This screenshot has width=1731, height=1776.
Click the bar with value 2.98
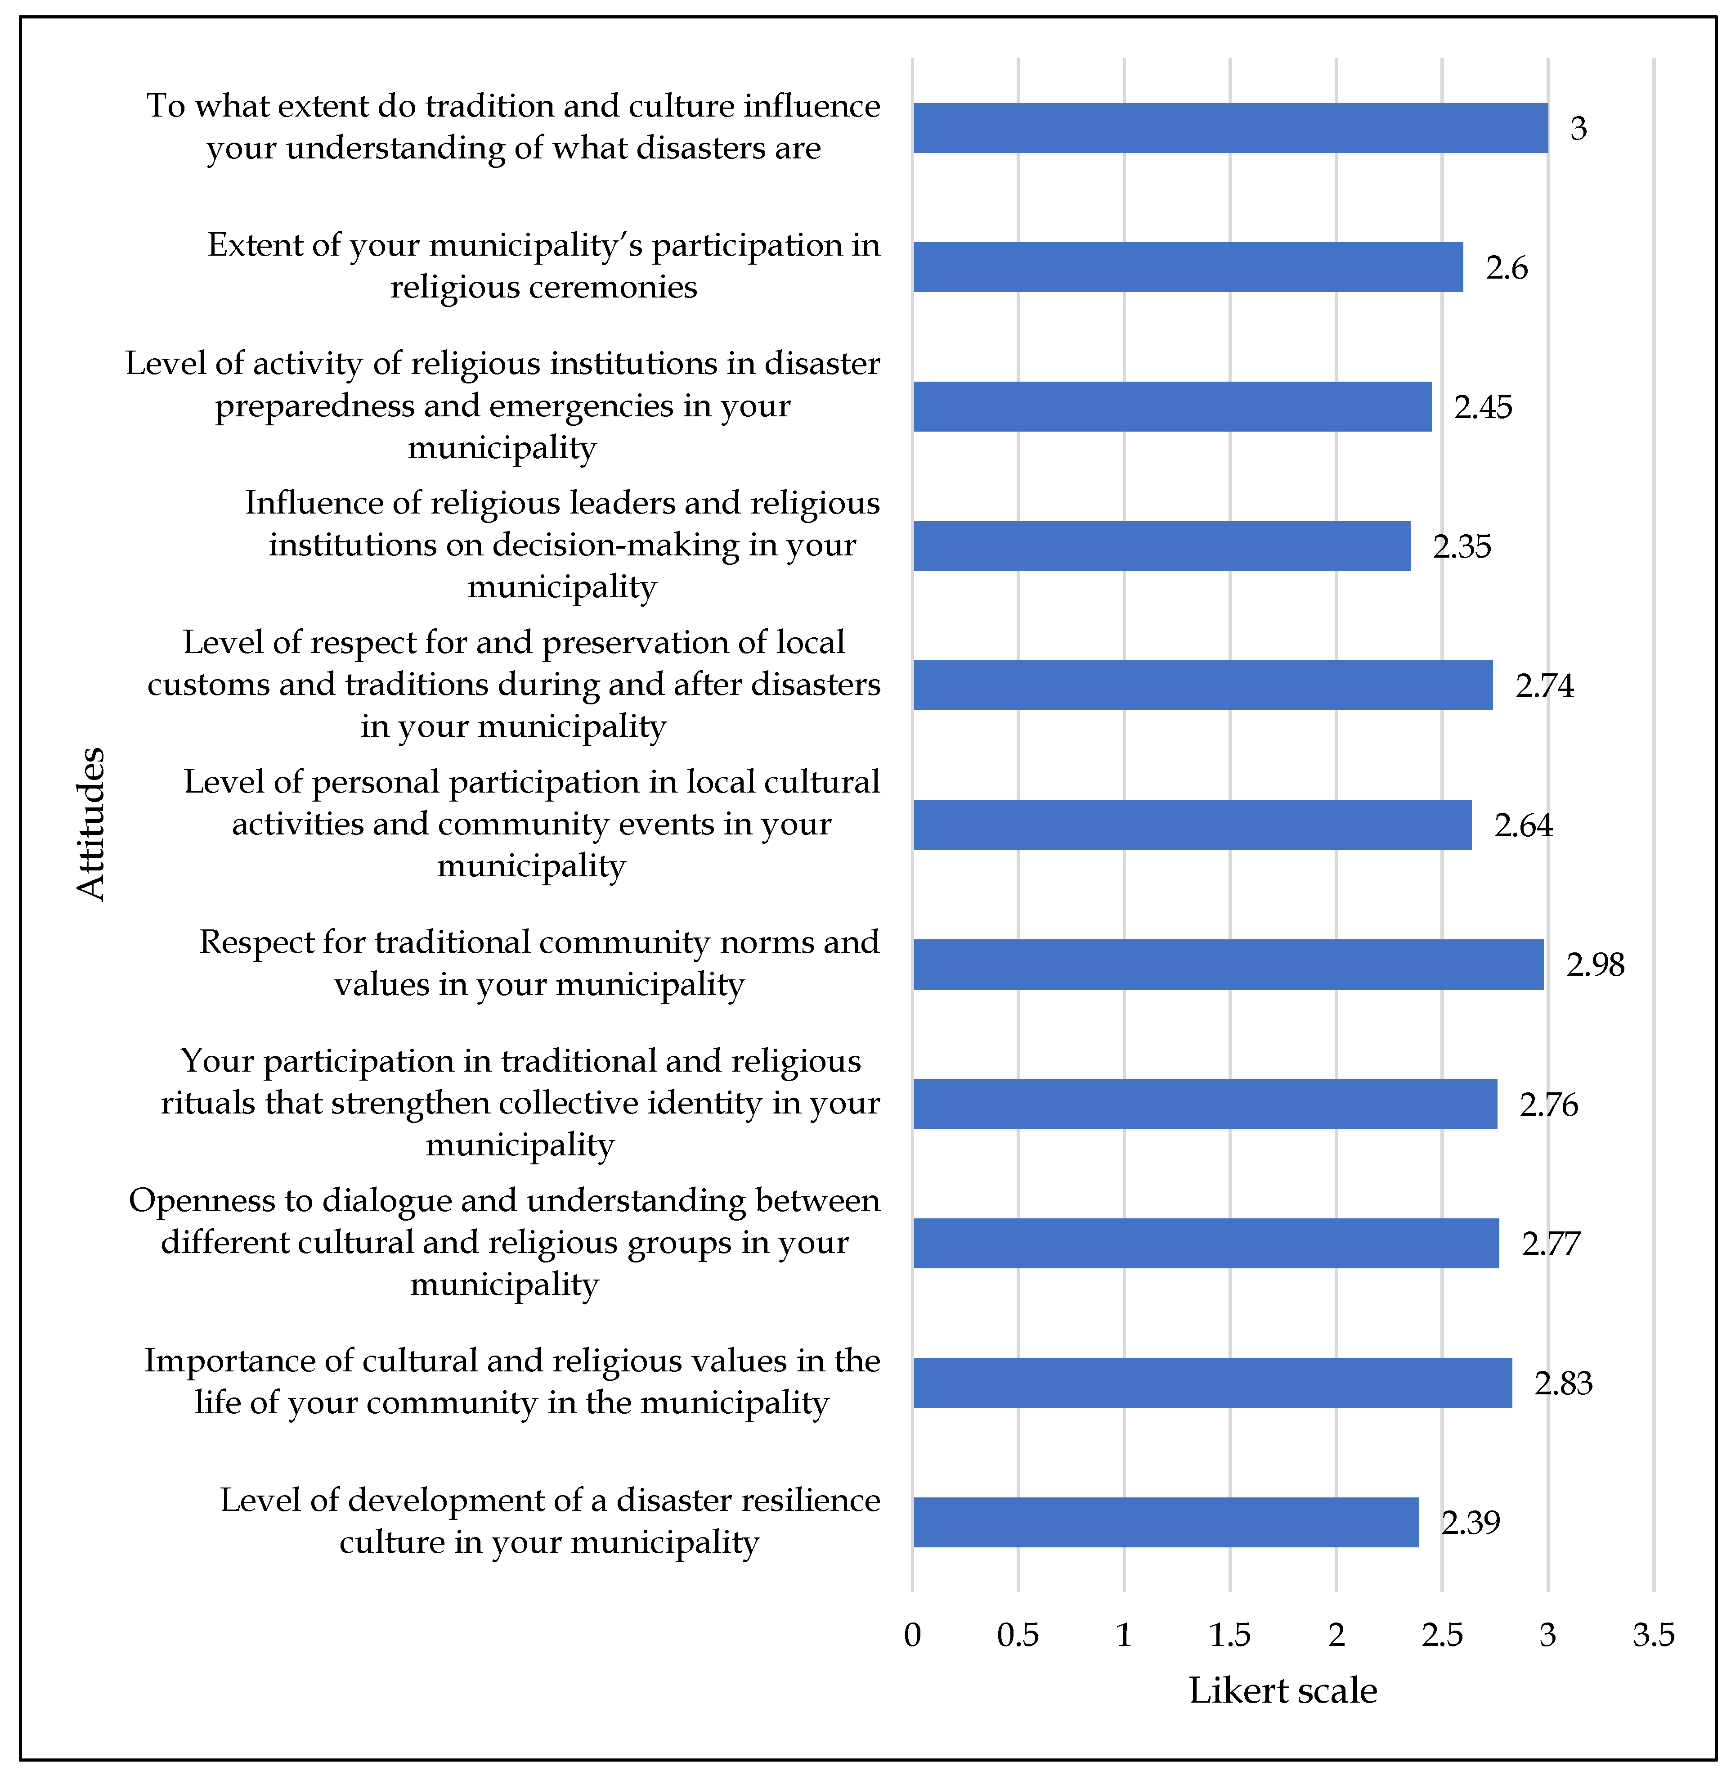point(1228,964)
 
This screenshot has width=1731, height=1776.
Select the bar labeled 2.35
point(1162,545)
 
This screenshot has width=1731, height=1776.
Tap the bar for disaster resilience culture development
point(1166,1522)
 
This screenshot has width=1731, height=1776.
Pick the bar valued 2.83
point(1213,1382)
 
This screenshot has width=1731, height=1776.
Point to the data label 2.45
point(1483,406)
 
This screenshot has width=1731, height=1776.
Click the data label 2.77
point(1551,1243)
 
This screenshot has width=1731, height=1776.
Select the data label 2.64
point(1524,825)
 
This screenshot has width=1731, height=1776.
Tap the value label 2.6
point(1507,267)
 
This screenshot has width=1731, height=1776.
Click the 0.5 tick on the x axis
point(1018,1635)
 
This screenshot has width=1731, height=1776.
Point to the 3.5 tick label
point(1654,1635)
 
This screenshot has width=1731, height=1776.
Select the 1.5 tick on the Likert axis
point(1230,1635)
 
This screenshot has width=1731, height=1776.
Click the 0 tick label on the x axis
point(913,1635)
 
